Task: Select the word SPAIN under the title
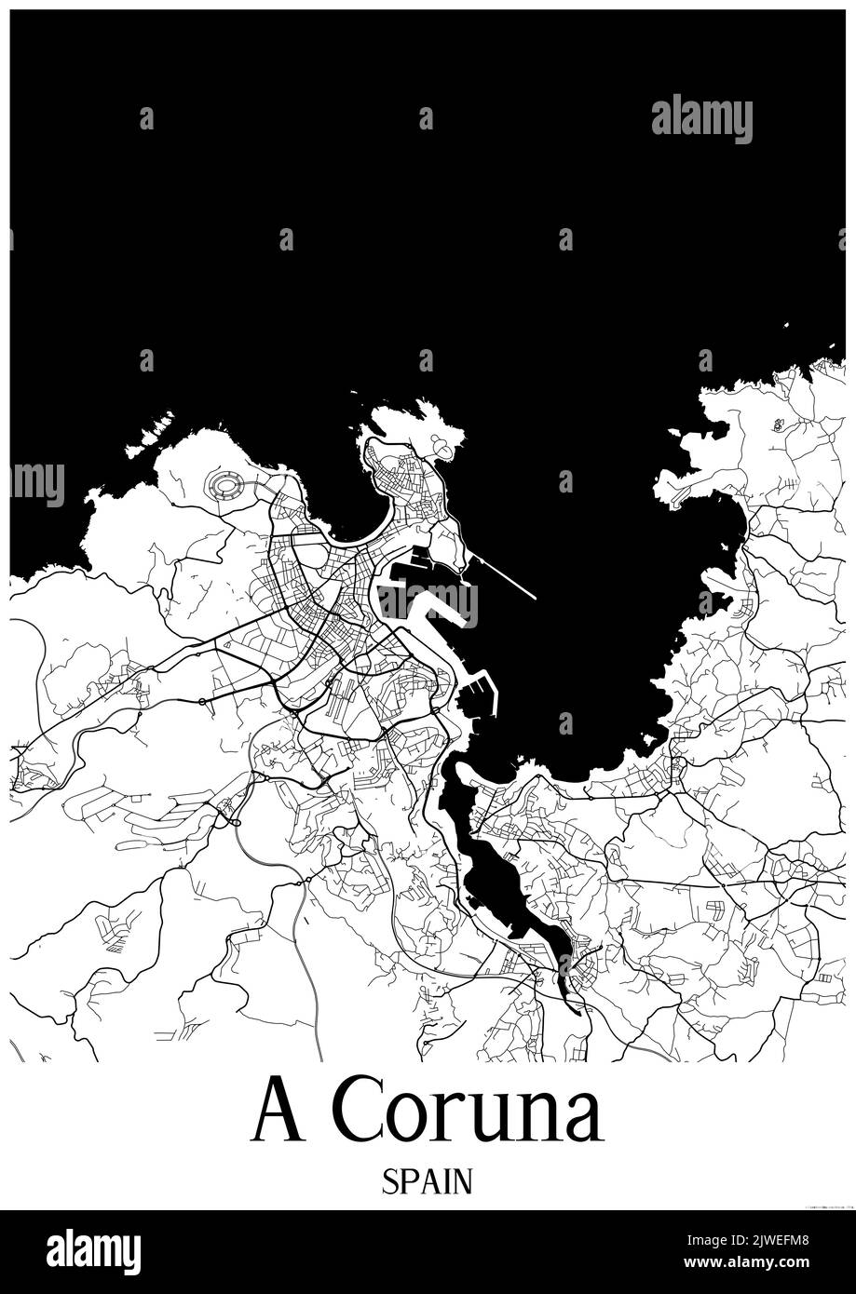[427, 1182]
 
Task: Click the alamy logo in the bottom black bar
[93, 1252]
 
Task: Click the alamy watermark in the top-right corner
[701, 118]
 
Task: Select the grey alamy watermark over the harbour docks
[428, 603]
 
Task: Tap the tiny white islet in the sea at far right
[786, 325]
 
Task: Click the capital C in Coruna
[356, 1112]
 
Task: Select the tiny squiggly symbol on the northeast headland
[778, 425]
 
